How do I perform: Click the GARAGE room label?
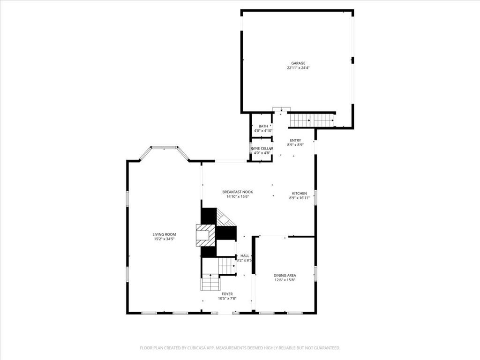coord(298,63)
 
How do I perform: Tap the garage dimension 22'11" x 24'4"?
coord(298,68)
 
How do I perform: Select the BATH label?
coord(263,126)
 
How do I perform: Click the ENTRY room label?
coord(295,140)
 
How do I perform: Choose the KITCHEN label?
coord(299,193)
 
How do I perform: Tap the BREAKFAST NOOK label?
coord(237,192)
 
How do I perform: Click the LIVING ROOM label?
coord(164,234)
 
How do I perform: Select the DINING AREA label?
coord(285,275)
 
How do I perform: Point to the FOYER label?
coord(227,294)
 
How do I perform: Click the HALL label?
coord(245,255)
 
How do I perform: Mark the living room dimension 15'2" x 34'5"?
coord(164,239)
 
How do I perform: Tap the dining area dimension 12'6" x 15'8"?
coord(285,280)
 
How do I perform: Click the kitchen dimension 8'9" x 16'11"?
coord(299,198)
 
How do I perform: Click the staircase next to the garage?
coord(311,120)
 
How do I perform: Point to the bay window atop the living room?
coord(164,148)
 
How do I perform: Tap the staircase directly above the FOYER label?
coord(210,283)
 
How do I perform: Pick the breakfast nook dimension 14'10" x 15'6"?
coord(237,196)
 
